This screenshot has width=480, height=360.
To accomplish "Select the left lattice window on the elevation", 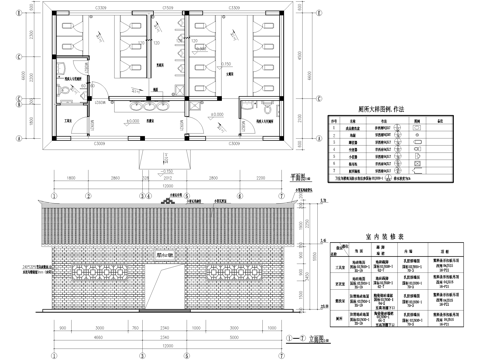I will (101, 271).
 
